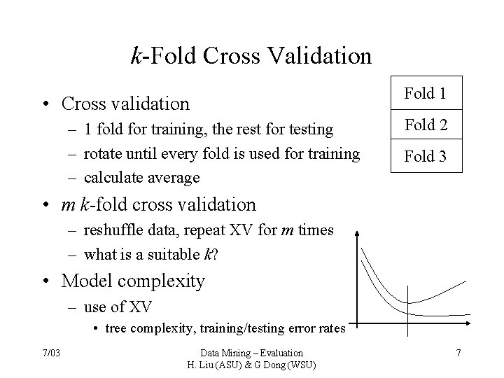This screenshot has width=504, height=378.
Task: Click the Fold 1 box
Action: pyautogui.click(x=425, y=93)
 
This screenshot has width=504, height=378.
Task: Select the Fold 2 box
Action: pyautogui.click(x=425, y=125)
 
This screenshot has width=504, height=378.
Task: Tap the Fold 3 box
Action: pyautogui.click(x=425, y=157)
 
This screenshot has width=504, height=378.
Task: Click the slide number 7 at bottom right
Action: pyautogui.click(x=458, y=353)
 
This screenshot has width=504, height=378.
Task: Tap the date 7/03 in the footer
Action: pyautogui.click(x=51, y=353)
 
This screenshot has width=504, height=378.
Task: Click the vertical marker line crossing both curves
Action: pyautogui.click(x=408, y=300)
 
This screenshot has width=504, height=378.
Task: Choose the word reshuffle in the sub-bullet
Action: pyautogui.click(x=112, y=230)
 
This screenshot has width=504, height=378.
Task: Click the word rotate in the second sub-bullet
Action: pyautogui.click(x=101, y=153)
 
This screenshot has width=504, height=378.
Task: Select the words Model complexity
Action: pyautogui.click(x=133, y=281)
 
